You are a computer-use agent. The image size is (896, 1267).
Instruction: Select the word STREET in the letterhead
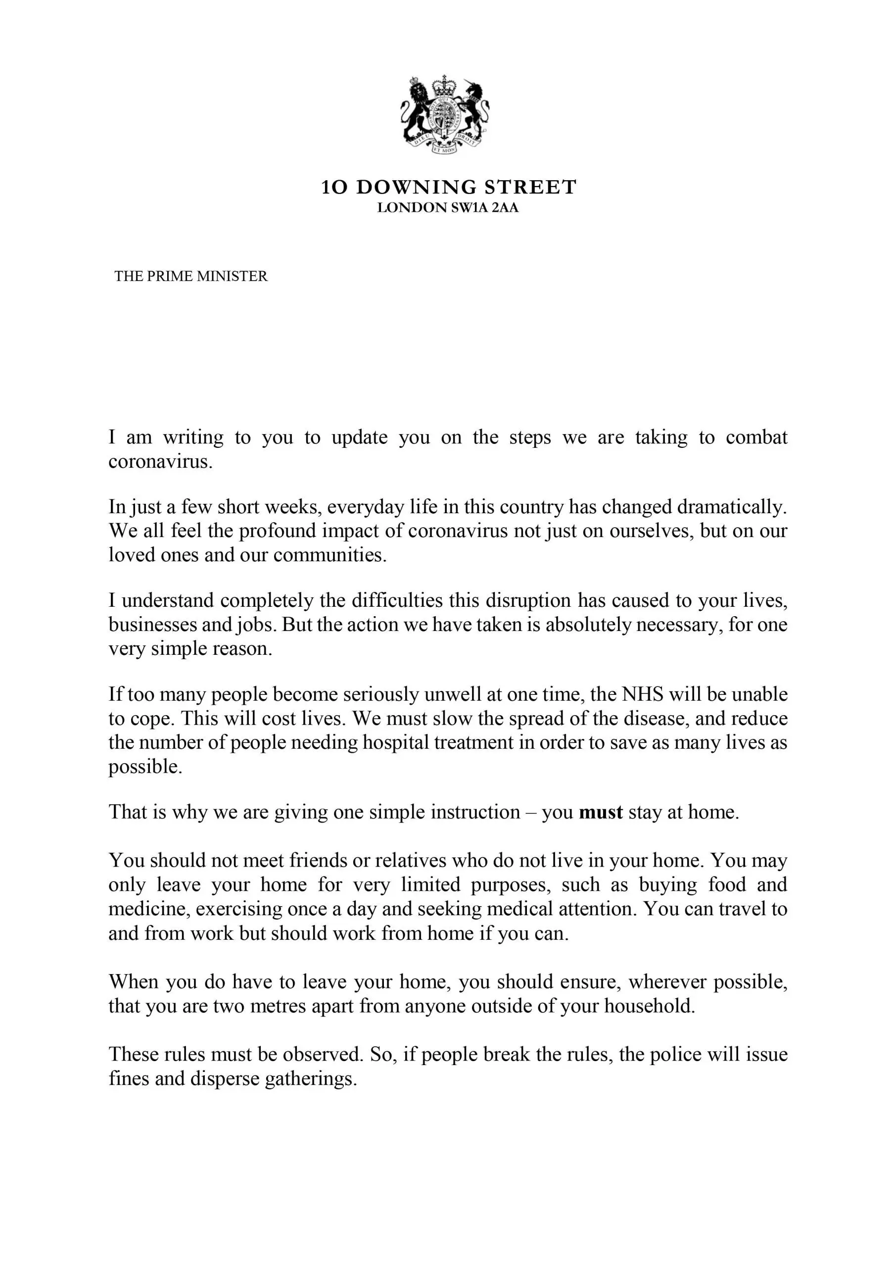(530, 188)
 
